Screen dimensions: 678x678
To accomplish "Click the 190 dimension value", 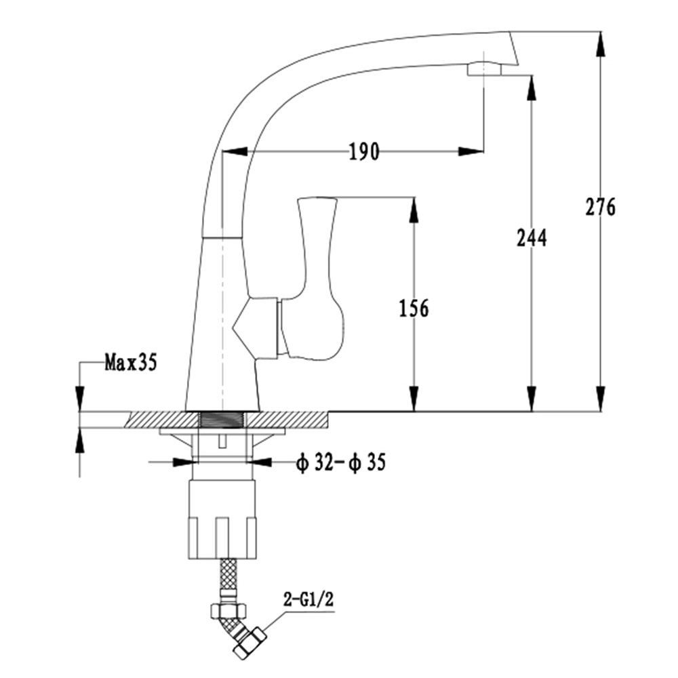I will (x=364, y=151).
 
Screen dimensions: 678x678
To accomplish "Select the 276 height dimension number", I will (x=601, y=206).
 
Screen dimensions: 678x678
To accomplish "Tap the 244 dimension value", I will (x=532, y=237).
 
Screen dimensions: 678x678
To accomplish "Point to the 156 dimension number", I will (x=414, y=308).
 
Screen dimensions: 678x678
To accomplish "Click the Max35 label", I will (x=130, y=362).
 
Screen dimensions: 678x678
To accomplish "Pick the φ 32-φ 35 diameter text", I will (x=340, y=462).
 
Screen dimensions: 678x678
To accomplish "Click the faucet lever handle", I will (x=319, y=278).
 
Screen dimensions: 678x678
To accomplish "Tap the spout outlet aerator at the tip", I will (x=484, y=68).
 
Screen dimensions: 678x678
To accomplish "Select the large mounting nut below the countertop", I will (x=222, y=519).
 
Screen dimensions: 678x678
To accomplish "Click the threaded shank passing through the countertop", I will (x=222, y=420).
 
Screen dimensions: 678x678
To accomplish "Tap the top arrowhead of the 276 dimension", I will (x=601, y=43).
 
